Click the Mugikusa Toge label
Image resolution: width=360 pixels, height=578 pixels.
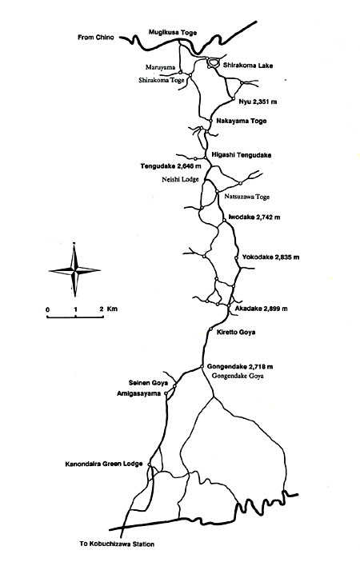173,33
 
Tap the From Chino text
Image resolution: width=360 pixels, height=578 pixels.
96,38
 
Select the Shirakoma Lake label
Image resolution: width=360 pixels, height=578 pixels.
248,66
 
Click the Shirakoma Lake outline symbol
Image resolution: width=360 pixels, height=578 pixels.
213,62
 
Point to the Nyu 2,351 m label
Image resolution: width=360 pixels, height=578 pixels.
258,102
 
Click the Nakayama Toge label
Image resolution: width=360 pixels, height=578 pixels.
242,121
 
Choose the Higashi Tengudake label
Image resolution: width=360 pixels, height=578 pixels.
242,155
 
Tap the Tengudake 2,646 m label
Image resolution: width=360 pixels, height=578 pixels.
171,166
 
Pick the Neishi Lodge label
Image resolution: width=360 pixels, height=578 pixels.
180,180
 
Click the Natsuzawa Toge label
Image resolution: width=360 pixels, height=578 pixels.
246,197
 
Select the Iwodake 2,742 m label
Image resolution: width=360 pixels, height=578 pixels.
254,217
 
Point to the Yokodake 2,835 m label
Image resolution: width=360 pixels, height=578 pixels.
270,257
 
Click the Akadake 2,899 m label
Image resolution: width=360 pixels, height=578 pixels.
261,309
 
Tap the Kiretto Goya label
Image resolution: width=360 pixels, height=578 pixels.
236,332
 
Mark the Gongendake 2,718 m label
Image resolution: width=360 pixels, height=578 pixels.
240,367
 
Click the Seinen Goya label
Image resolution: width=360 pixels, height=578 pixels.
148,383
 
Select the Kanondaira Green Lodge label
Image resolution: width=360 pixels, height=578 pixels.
104,464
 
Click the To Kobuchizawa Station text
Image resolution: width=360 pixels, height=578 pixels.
117,544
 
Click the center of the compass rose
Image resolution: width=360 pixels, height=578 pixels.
75,270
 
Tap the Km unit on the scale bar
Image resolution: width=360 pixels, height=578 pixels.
112,309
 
